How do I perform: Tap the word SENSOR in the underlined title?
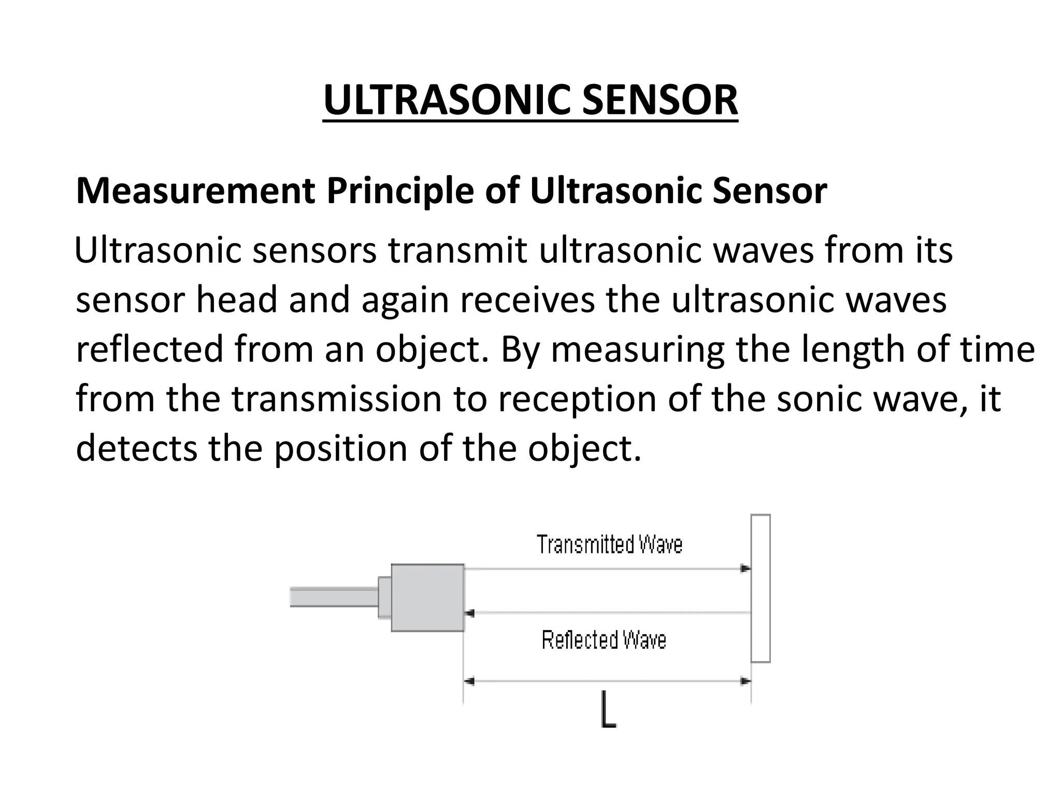660,100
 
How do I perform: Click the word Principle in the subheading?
400,191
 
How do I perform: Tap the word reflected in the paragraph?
149,349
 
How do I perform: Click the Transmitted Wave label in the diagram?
609,545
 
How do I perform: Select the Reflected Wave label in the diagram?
604,640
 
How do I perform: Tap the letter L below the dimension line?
608,716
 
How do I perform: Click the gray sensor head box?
427,598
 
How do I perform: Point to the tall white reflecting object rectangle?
761,588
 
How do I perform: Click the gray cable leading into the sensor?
334,596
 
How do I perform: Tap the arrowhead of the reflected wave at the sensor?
470,614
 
